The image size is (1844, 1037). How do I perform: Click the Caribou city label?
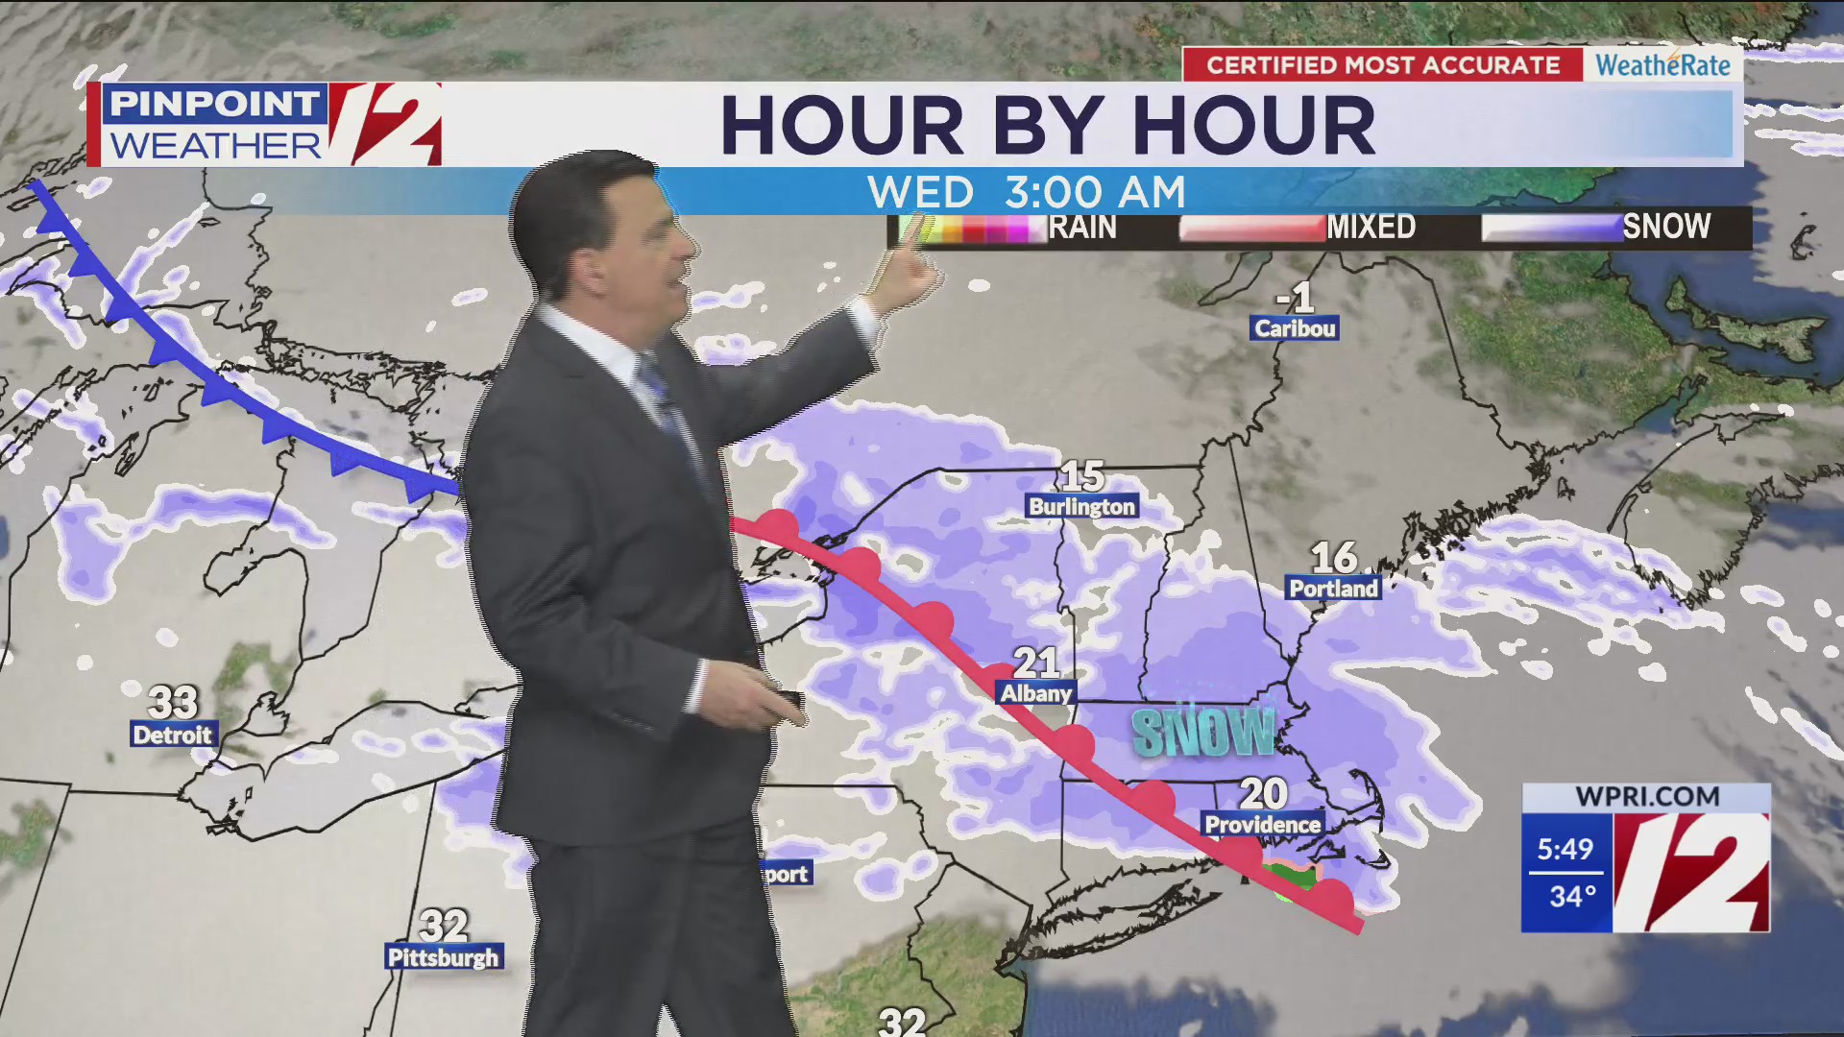[1295, 328]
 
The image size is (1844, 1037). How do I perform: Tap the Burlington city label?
[1081, 506]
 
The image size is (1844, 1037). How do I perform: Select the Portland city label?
[1333, 588]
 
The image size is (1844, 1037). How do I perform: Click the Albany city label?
[1035, 692]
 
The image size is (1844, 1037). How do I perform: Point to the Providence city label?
[1262, 824]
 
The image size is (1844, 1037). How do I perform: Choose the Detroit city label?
[172, 735]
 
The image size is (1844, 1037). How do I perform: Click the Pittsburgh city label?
[443, 957]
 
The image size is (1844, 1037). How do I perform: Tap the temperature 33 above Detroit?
[173, 702]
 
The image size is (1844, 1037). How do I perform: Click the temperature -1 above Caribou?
[1296, 298]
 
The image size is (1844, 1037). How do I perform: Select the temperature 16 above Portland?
[1334, 557]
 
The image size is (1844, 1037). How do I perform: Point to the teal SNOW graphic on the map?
[1202, 733]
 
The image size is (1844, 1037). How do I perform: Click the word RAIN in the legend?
[1082, 228]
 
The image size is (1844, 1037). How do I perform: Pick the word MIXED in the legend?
[1371, 228]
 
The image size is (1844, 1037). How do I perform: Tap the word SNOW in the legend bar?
[1666, 227]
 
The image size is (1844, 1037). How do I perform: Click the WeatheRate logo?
[1662, 65]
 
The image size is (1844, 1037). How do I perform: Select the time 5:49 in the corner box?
[1565, 849]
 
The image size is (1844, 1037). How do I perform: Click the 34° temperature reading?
[1572, 897]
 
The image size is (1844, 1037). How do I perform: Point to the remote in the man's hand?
[788, 700]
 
